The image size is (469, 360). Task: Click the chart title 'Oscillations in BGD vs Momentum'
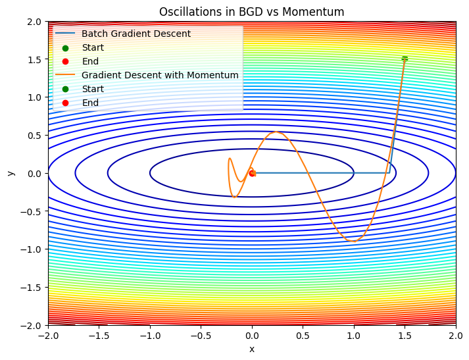pos(251,11)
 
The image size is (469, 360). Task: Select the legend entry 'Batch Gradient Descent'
pos(136,34)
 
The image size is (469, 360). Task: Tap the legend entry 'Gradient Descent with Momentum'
pos(160,75)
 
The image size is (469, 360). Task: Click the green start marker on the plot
pos(405,59)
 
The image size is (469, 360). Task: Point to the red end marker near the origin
pos(252,173)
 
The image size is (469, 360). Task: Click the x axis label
pos(252,349)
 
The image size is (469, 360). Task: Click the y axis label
pos(10,173)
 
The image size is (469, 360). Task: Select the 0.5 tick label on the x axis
pos(303,335)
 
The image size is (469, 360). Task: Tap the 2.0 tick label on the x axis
pos(456,335)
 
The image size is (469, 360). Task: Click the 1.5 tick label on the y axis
pos(34,59)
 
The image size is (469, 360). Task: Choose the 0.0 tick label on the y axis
pos(34,173)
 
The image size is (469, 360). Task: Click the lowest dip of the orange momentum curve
pos(354,242)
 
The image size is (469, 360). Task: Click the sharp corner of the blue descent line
pos(389,172)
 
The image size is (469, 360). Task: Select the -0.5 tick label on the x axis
pos(201,335)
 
